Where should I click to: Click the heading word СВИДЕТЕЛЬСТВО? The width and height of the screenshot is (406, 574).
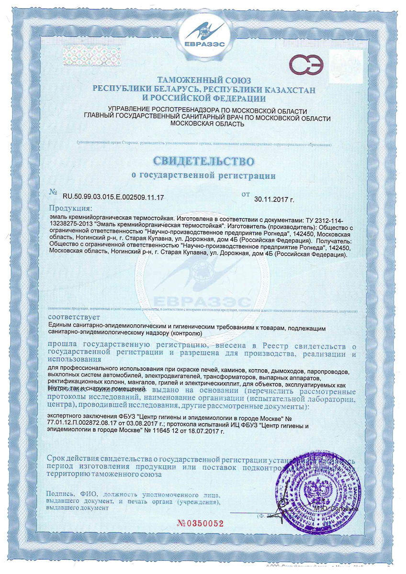point(203,159)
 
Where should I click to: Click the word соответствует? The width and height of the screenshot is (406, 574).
point(74,317)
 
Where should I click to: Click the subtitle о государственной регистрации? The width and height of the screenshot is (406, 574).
point(203,176)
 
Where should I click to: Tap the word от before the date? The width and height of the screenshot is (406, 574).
point(246,194)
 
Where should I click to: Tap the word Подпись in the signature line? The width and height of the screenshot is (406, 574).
point(59,494)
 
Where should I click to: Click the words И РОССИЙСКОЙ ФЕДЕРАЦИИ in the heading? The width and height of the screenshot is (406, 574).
point(203,99)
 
